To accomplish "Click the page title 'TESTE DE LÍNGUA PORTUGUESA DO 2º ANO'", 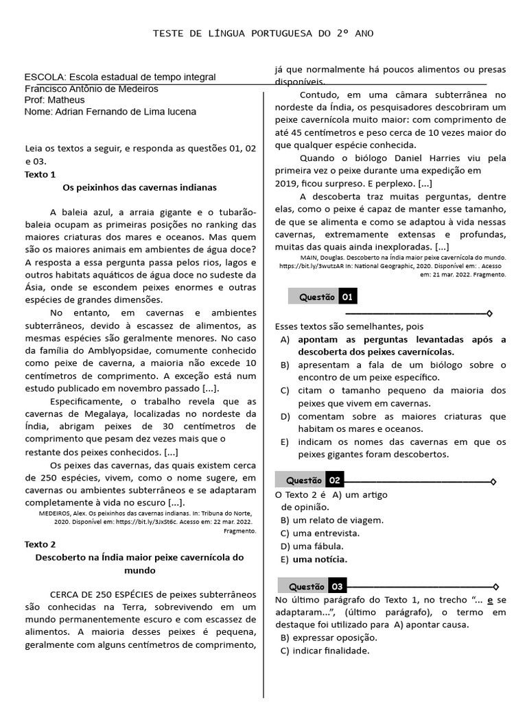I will tap(263, 33).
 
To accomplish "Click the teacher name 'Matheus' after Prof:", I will tap(72, 100).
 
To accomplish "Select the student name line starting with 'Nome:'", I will tap(110, 112).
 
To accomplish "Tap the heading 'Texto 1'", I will tap(40, 174).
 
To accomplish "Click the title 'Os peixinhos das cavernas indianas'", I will tap(139, 187).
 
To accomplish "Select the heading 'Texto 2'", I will tap(40, 544).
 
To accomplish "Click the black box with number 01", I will tap(348, 297).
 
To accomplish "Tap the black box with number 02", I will tap(334, 481).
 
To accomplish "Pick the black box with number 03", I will tap(337, 586).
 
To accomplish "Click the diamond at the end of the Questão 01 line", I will tap(489, 313).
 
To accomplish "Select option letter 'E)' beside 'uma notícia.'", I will tap(284, 559).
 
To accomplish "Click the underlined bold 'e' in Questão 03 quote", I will tap(490, 599).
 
